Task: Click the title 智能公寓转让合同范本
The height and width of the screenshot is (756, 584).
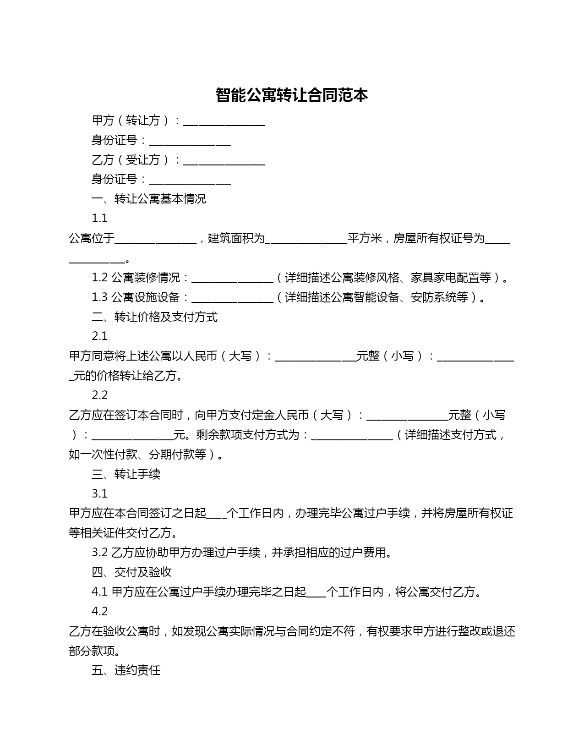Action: pos(292,95)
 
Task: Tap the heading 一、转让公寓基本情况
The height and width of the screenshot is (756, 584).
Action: pos(149,199)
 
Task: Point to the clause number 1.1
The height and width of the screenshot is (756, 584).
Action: pos(99,219)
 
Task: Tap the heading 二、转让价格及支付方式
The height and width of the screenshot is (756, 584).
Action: pos(154,317)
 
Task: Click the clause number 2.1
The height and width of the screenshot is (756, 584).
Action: pos(99,336)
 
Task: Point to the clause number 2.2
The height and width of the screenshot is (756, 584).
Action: pos(99,395)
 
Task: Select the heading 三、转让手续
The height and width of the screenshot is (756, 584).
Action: pos(126,474)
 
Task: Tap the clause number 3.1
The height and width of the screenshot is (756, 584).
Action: pos(99,494)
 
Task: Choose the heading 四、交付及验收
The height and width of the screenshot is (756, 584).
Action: pos(131,572)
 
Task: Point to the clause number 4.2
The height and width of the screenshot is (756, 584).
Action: pos(99,612)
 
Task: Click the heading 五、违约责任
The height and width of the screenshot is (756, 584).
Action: pos(126,671)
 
